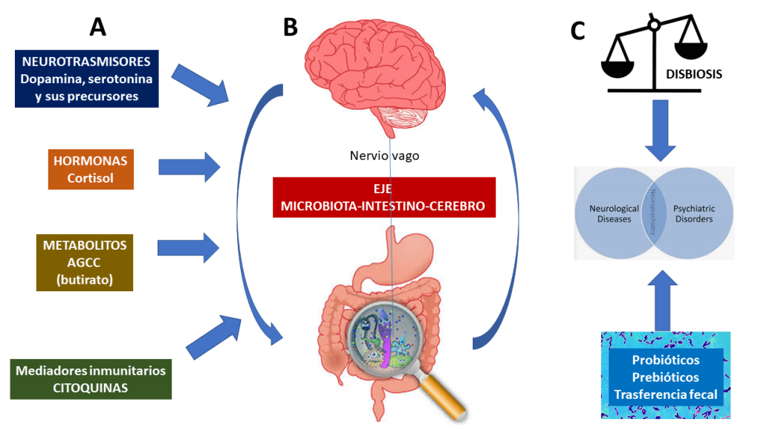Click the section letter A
pyautogui.click(x=97, y=27)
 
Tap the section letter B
pyautogui.click(x=290, y=27)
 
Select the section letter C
pyautogui.click(x=577, y=30)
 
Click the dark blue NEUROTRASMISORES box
pyautogui.click(x=86, y=79)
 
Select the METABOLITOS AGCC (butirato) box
pyautogui.click(x=84, y=262)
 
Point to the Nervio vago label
pyautogui.click(x=383, y=157)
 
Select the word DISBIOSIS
pyautogui.click(x=695, y=74)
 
